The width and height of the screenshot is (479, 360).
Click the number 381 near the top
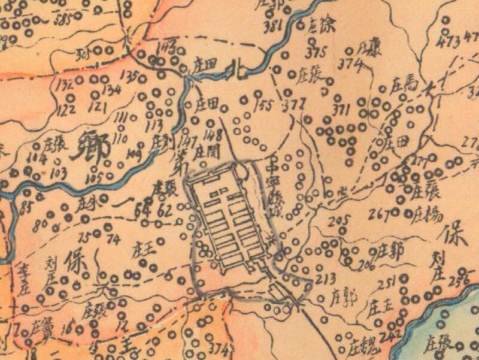point(272,26)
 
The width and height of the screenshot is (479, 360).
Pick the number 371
point(341,109)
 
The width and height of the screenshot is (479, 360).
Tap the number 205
point(338,220)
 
